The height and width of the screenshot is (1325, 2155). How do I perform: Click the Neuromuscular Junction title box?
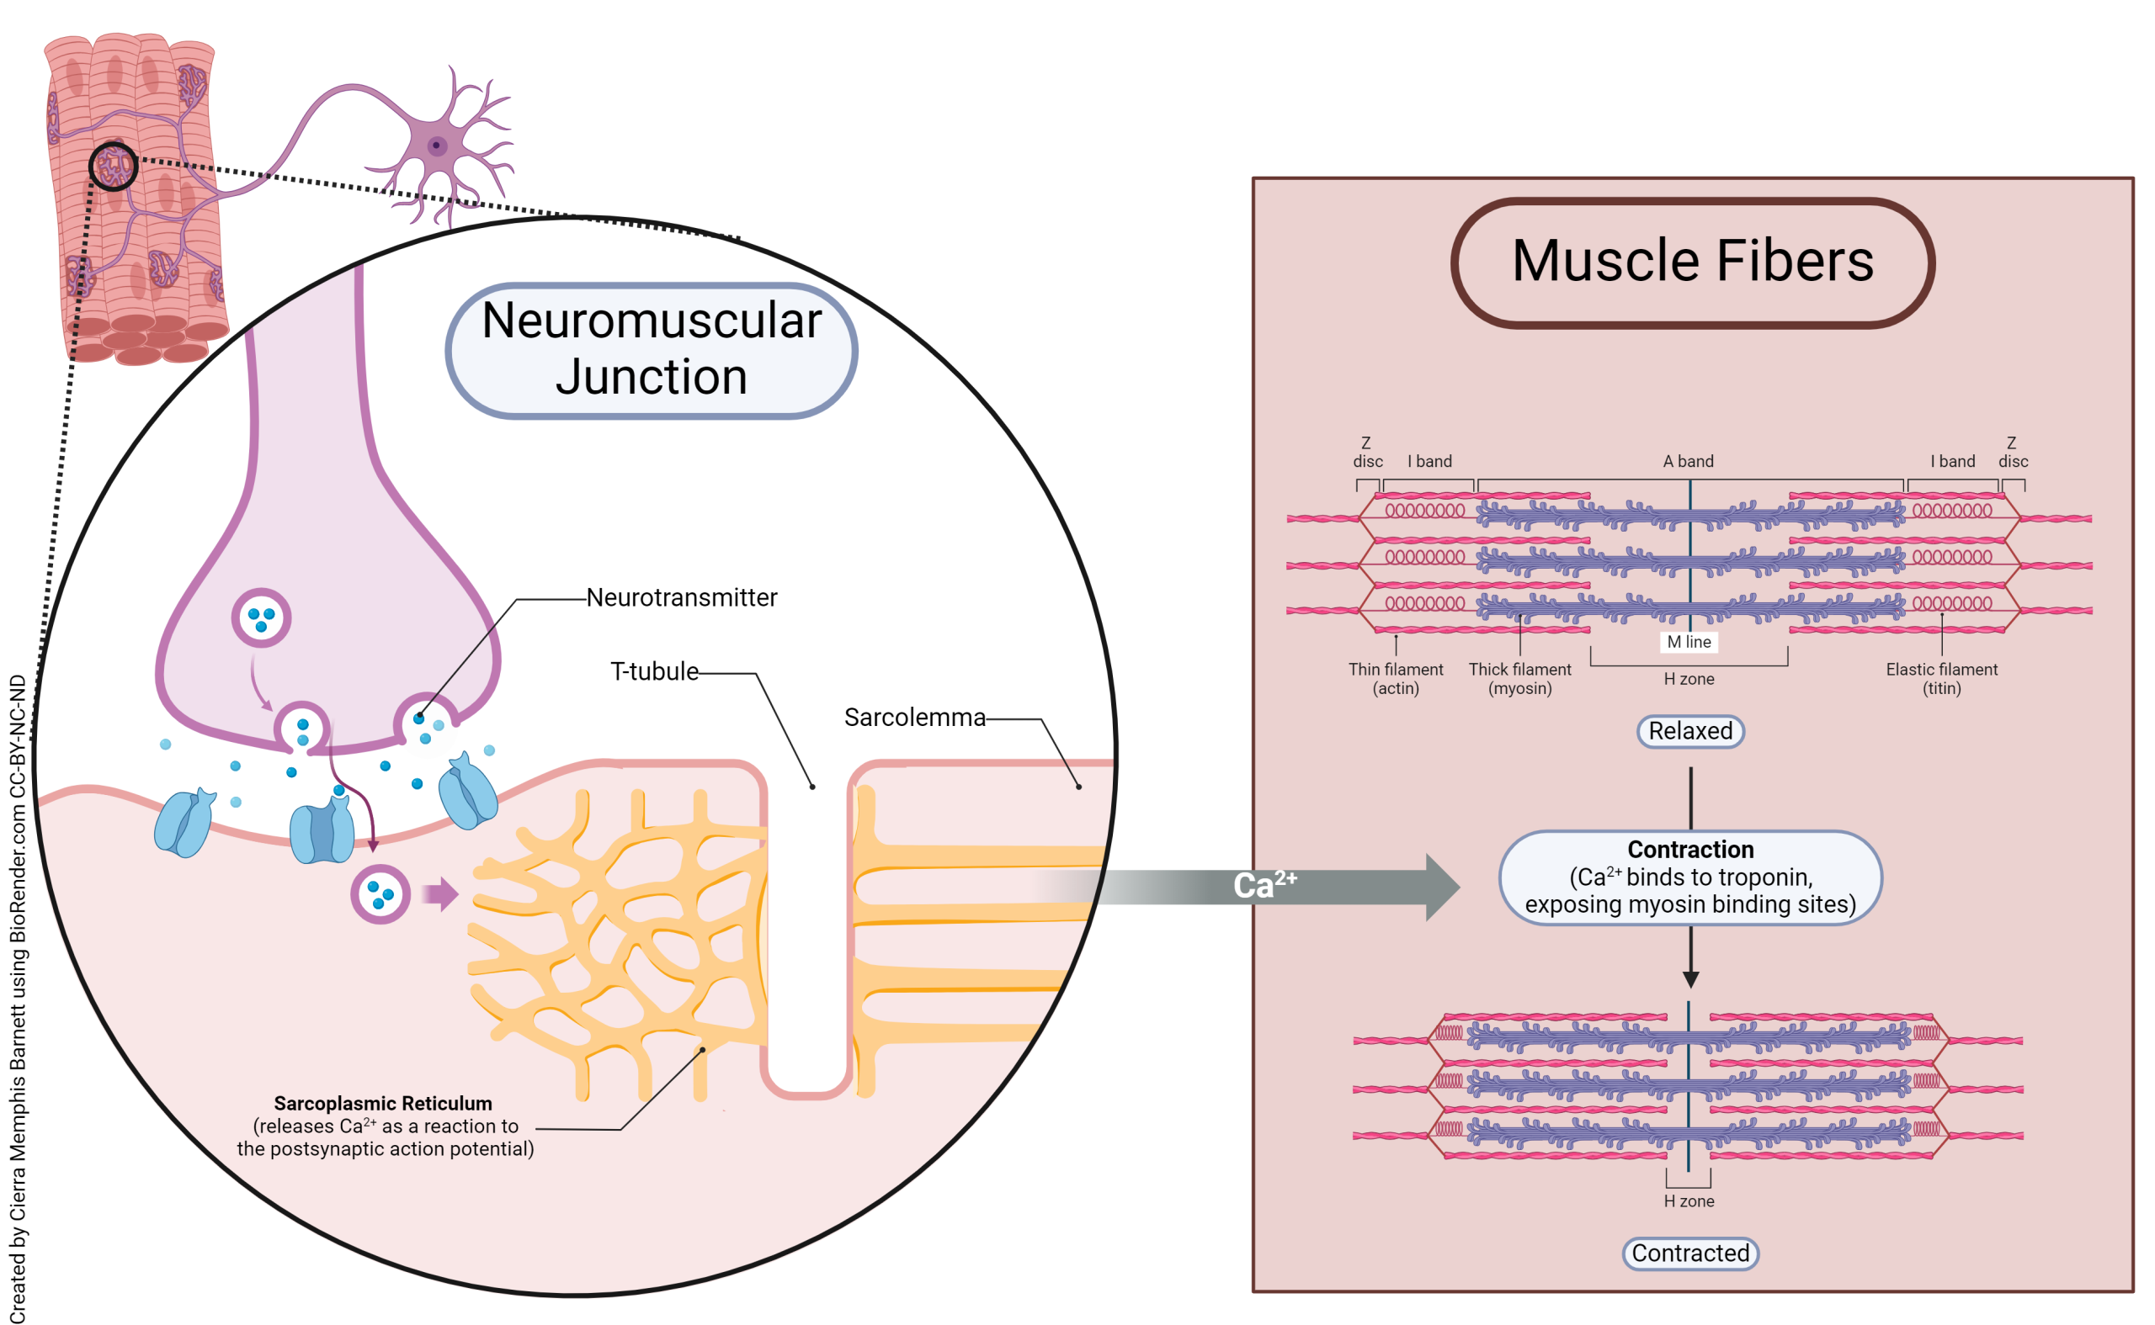click(651, 350)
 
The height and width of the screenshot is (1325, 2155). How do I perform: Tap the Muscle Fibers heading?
click(1691, 261)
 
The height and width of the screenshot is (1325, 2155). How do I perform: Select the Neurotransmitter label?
click(681, 597)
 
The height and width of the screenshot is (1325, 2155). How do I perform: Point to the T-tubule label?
click(654, 671)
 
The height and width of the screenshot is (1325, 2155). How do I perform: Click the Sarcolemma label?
click(914, 718)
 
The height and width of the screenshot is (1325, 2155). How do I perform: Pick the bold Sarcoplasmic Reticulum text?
click(382, 1103)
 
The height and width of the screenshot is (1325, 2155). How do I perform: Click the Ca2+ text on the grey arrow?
click(1264, 884)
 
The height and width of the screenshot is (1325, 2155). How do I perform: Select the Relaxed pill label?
click(1689, 731)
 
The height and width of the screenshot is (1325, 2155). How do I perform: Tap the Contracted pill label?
click(1689, 1253)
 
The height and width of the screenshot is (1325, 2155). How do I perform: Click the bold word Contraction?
click(1689, 849)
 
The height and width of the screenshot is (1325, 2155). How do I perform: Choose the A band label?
click(1688, 461)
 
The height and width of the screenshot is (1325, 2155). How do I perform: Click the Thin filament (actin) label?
click(1395, 678)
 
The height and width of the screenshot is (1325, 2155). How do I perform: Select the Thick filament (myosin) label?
click(1519, 678)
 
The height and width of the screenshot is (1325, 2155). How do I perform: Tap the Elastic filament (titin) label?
click(1941, 678)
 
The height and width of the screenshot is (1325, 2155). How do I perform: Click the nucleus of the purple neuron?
click(436, 146)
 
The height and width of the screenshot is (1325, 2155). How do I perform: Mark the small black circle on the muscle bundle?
click(113, 166)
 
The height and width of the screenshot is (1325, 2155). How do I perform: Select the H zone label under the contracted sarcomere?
click(1688, 1200)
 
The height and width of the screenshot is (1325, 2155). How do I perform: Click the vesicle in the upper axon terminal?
click(261, 617)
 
